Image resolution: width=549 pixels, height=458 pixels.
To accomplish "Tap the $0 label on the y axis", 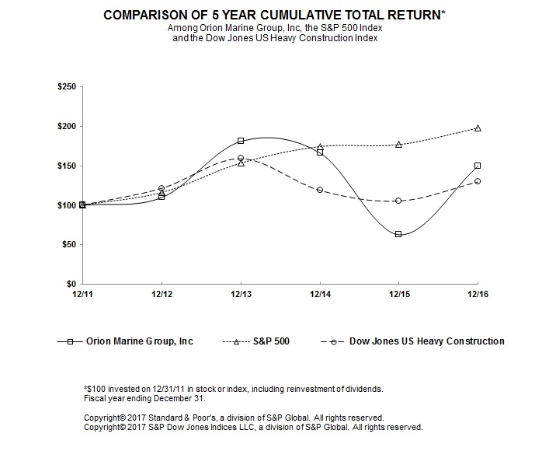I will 71,284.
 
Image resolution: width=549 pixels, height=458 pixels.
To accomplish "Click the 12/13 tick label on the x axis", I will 241,294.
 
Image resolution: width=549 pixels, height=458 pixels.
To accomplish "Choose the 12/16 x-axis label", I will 477,294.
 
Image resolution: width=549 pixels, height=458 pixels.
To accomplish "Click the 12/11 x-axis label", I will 82,294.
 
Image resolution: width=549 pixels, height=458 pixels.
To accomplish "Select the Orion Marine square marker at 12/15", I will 398,234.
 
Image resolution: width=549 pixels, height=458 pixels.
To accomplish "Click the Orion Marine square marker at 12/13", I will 241,141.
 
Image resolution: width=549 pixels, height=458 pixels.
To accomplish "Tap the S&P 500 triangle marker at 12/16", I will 478,128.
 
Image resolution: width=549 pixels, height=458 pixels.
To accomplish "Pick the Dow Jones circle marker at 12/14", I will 320,190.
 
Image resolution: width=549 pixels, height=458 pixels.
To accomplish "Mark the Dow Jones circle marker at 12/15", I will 398,201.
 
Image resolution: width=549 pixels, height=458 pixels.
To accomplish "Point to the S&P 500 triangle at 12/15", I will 398,144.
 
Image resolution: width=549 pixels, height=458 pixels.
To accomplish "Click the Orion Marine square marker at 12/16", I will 478,166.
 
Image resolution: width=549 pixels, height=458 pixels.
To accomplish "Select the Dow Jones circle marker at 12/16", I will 478,181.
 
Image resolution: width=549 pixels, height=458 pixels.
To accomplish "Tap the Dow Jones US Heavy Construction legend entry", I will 412,341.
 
